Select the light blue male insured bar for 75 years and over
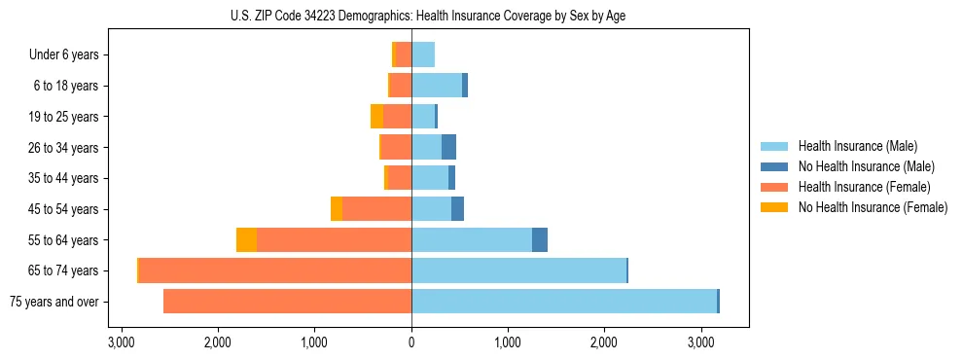point(564,302)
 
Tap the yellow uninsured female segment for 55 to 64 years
point(246,240)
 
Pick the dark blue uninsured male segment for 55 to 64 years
point(540,240)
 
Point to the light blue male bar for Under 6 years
point(423,55)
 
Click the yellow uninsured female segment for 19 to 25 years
point(376,117)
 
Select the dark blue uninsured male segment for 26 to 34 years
point(448,148)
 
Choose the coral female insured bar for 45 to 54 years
point(376,209)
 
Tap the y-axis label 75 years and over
point(53,302)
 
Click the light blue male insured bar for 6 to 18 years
point(437,86)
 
